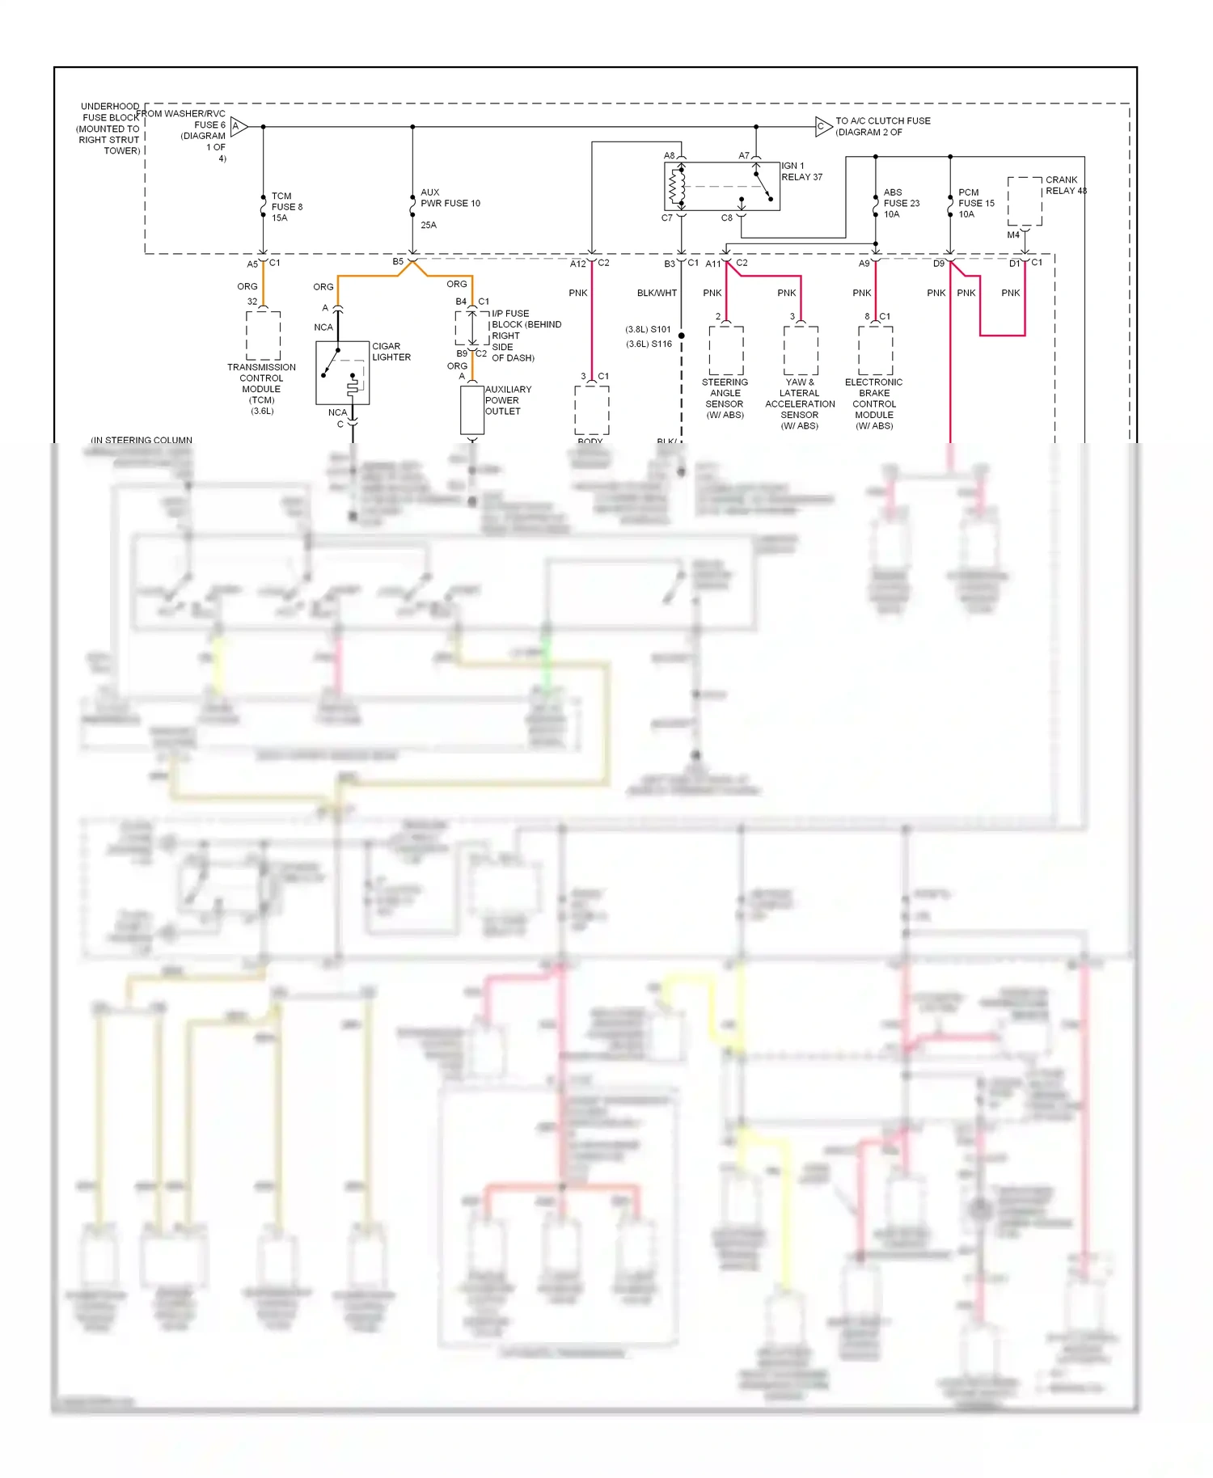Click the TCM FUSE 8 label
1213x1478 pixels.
pos(286,207)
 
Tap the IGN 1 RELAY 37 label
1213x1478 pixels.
pos(801,171)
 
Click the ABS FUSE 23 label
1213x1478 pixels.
pos(901,203)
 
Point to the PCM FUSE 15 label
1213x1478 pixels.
pos(976,203)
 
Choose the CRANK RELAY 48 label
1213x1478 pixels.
pos(1066,185)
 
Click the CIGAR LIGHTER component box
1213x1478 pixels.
pos(342,373)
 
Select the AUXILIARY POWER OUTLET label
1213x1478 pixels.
pos(508,400)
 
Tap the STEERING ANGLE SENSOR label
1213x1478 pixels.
pos(725,399)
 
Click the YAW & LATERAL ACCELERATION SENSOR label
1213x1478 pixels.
pos(800,403)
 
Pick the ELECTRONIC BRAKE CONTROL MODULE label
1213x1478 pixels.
pos(873,403)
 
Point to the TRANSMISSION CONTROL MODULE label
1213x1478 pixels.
pos(261,389)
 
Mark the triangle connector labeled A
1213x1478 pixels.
pos(239,126)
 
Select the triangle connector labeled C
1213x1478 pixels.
pos(822,126)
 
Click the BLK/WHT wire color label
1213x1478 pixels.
pos(657,293)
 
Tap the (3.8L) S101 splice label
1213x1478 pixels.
pos(649,329)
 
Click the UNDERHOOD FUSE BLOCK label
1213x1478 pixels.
pos(110,129)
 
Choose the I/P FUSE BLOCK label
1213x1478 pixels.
pos(526,336)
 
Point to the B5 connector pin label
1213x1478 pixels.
pos(398,262)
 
